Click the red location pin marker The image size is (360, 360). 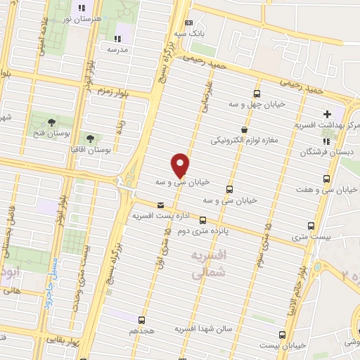181,165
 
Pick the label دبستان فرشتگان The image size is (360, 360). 325,152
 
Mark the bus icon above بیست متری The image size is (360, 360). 312,226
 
